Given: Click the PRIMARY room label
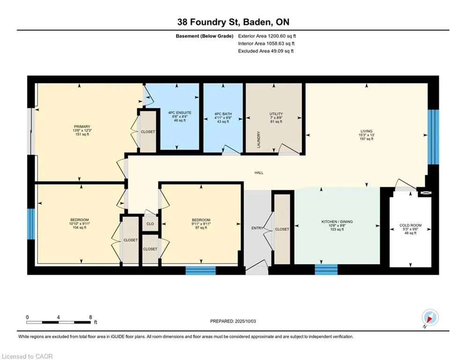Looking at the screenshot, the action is [82, 127].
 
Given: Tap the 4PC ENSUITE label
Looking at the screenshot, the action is [180, 113].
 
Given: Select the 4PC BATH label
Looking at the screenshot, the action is [223, 114].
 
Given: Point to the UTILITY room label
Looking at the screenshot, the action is [276, 114].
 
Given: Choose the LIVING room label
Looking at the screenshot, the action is [366, 131].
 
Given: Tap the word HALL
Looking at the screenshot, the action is [259, 172].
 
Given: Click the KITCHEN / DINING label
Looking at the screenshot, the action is [337, 222].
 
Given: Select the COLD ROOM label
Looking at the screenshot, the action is [410, 225].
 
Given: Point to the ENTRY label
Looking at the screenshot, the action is [258, 228].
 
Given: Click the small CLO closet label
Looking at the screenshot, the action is [150, 224].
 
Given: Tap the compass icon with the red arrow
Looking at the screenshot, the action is [430, 317].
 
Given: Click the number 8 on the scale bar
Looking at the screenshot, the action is [91, 317].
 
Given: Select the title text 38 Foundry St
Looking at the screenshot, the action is [208, 22].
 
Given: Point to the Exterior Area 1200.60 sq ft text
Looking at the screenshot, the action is [267, 36].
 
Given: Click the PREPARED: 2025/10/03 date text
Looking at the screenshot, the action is [233, 321].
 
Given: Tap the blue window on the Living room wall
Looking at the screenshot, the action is [433, 137].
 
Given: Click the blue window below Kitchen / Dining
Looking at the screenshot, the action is [326, 269].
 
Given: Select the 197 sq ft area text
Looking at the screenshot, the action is [366, 139].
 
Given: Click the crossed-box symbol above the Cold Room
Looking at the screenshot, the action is [426, 193].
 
